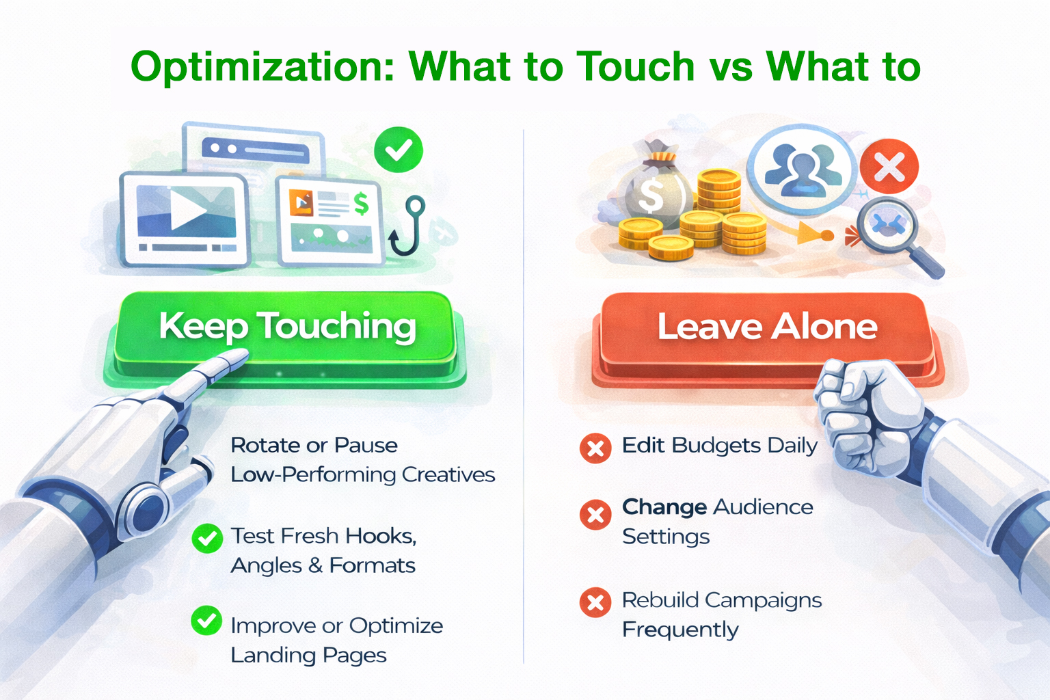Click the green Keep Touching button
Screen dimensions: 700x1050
[x=287, y=327]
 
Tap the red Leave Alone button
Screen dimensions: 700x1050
[x=767, y=327]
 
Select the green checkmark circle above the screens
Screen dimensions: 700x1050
[x=399, y=150]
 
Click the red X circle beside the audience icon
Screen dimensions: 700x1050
[x=889, y=166]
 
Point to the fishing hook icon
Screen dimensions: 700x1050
[x=408, y=225]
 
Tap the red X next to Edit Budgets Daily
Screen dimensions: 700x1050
[x=595, y=448]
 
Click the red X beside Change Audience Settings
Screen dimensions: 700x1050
[x=595, y=514]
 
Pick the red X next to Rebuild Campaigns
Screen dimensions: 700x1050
[x=595, y=602]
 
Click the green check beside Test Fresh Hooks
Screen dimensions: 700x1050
[x=206, y=538]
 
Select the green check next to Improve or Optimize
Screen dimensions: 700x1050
[x=206, y=621]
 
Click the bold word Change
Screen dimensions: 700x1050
[x=664, y=507]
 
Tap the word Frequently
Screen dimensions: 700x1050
[x=680, y=630]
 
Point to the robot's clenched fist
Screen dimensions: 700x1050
[x=865, y=410]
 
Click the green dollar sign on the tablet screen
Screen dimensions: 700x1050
[x=360, y=204]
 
